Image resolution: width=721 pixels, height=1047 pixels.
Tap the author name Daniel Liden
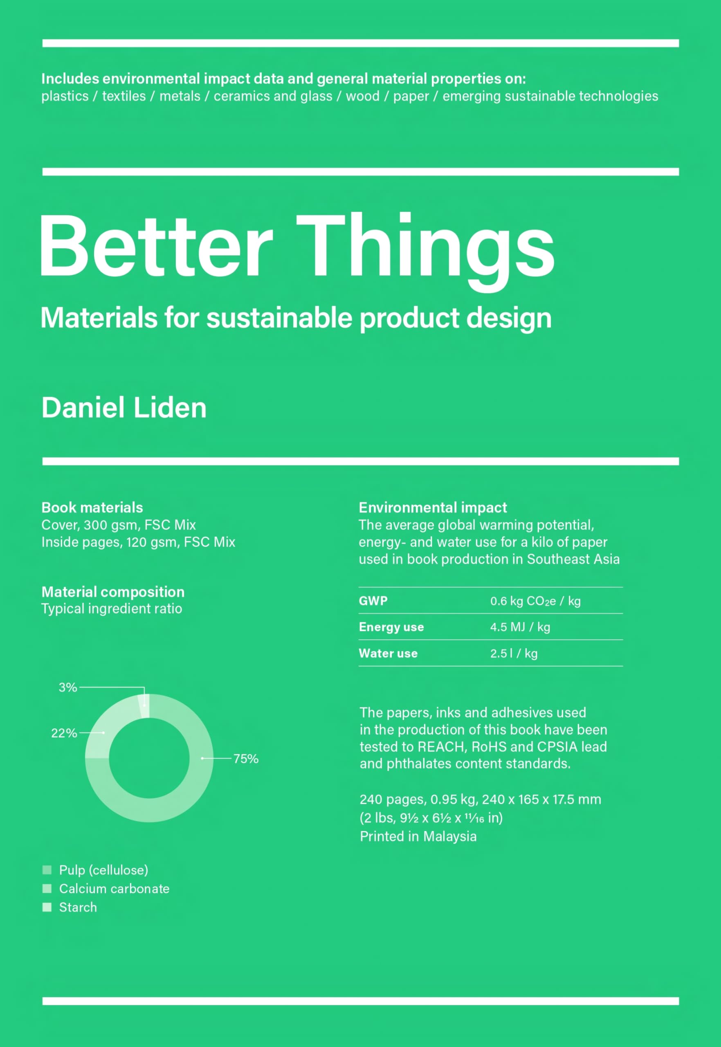point(124,407)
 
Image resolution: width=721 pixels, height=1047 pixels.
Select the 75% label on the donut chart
point(246,758)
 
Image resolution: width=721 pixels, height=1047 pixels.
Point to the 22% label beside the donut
point(64,732)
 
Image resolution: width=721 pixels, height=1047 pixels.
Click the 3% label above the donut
point(68,687)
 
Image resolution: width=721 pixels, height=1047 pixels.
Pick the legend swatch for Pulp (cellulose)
point(47,870)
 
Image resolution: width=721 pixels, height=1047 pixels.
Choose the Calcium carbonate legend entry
point(114,888)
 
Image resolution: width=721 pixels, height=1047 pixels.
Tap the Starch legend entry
point(78,907)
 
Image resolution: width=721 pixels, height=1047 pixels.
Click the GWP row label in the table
point(373,601)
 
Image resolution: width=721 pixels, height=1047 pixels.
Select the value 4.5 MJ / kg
point(520,627)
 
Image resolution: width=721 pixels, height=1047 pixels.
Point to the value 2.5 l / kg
point(514,653)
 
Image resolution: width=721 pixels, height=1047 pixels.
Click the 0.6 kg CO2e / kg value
point(535,601)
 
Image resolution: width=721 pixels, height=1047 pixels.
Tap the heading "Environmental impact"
point(432,507)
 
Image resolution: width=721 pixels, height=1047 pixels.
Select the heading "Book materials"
point(92,507)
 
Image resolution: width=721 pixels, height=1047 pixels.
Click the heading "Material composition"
point(113,592)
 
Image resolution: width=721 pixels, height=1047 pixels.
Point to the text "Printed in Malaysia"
point(418,836)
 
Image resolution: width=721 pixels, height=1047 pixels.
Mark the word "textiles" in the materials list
point(124,96)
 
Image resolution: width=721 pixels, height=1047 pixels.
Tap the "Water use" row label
point(388,653)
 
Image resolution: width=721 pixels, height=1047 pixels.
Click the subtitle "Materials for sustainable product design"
point(296,317)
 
